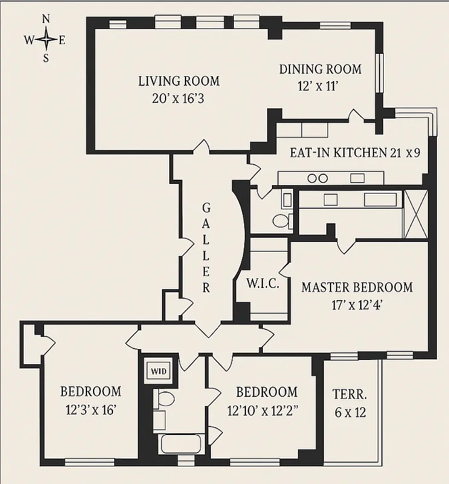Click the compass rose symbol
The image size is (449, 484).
point(45,39)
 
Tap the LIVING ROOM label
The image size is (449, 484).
point(179,81)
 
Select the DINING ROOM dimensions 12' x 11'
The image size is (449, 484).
point(320,86)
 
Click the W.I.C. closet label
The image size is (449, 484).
point(262,283)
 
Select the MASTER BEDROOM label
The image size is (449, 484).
point(357,287)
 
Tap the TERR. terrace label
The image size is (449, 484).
point(349,394)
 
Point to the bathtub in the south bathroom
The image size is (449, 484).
point(182,443)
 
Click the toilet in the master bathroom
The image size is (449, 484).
point(282,220)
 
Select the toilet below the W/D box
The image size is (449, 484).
point(164,398)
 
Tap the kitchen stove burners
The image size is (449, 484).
point(317,178)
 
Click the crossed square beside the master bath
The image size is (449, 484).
point(416,214)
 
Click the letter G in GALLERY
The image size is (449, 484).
point(206,208)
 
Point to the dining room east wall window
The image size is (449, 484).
point(380,73)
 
